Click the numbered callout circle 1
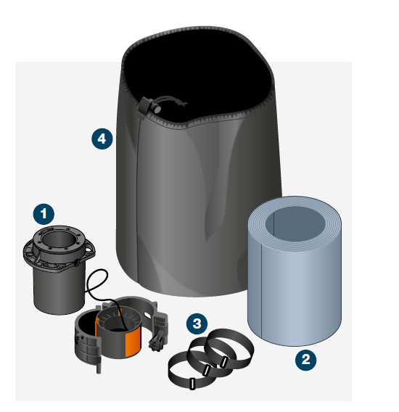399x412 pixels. pyautogui.click(x=44, y=214)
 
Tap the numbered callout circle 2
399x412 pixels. pyautogui.click(x=305, y=360)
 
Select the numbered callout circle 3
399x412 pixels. pyautogui.click(x=197, y=324)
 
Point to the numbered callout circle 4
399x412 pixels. pyautogui.click(x=102, y=139)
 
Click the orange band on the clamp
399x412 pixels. pyautogui.click(x=133, y=342)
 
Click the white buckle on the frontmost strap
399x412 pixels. pyautogui.click(x=192, y=384)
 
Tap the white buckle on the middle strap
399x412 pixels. pyautogui.click(x=207, y=370)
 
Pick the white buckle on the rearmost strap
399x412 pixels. pyautogui.click(x=224, y=363)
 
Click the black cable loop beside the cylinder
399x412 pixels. pyautogui.click(x=98, y=282)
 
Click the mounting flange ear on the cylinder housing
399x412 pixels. pyautogui.click(x=90, y=248)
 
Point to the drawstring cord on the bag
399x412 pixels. pyautogui.click(x=171, y=101)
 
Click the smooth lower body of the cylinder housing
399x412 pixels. pyautogui.click(x=59, y=289)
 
